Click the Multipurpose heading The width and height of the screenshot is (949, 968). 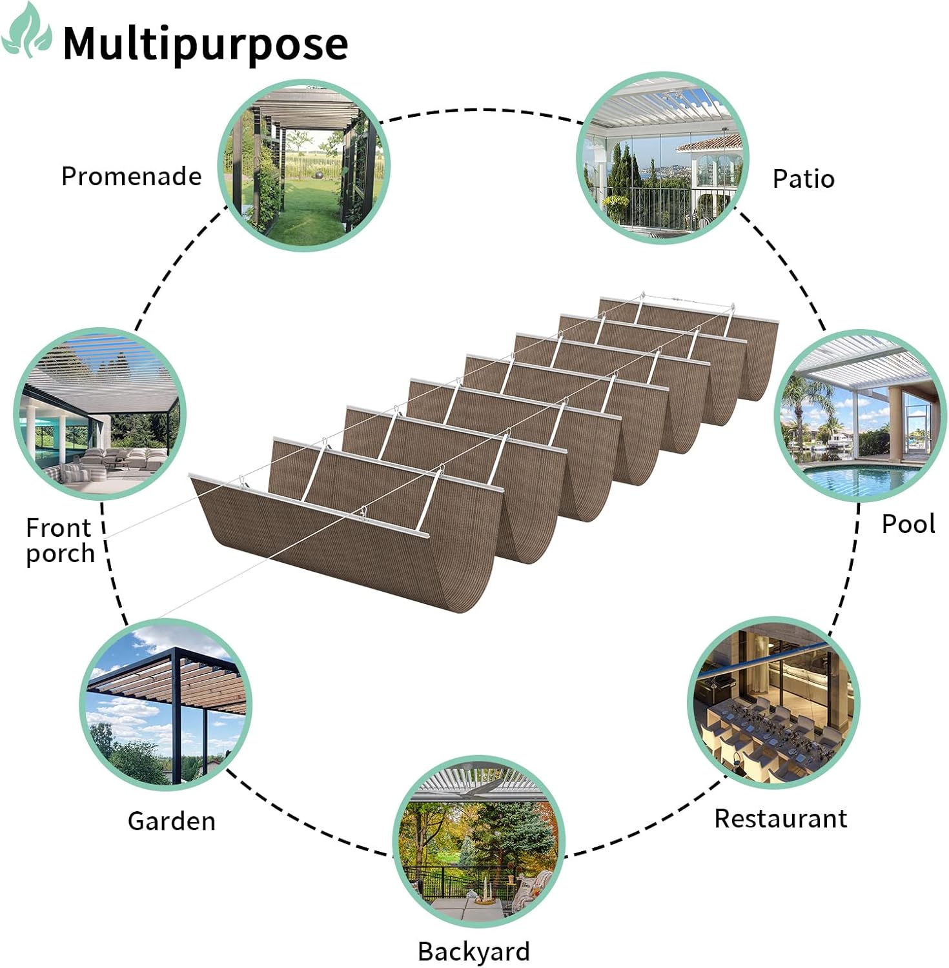(205, 43)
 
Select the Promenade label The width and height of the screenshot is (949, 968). (131, 176)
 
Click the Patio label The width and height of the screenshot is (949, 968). (803, 179)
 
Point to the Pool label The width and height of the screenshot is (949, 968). (908, 523)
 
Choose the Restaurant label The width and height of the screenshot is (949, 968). (780, 818)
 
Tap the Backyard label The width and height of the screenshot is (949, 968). (473, 951)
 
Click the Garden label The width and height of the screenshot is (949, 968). (171, 821)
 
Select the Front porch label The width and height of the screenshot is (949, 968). (59, 541)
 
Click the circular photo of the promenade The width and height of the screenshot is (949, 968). (303, 166)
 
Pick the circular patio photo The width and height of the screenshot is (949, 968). (662, 158)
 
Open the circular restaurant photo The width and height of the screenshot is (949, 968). (773, 703)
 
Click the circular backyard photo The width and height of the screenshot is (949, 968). (478, 842)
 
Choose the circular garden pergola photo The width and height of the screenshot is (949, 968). (166, 704)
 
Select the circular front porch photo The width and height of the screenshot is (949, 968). (99, 414)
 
